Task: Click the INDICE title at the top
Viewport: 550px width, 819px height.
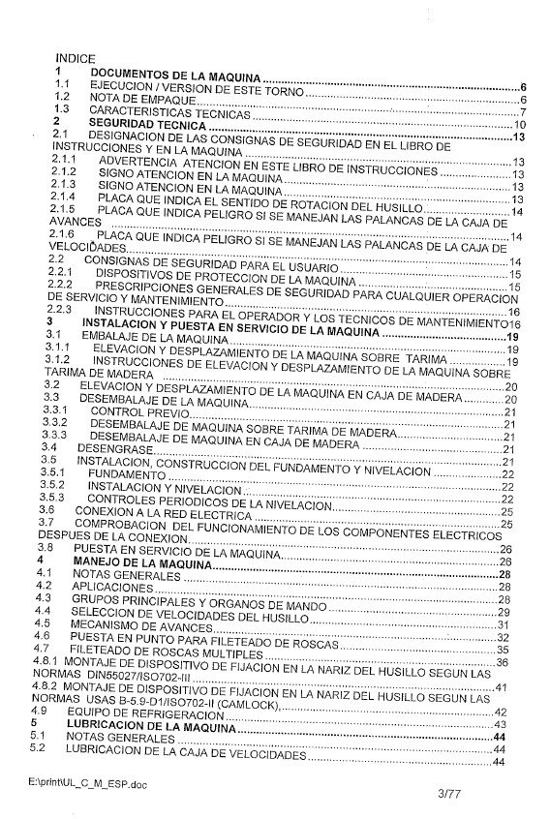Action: pos(76,59)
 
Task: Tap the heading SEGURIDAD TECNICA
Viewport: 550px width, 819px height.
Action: pos(149,126)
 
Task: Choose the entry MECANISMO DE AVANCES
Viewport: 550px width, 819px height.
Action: pos(142,624)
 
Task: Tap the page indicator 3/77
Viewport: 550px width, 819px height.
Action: pos(452,795)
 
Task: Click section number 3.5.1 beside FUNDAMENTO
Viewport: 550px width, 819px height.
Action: pos(65,473)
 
